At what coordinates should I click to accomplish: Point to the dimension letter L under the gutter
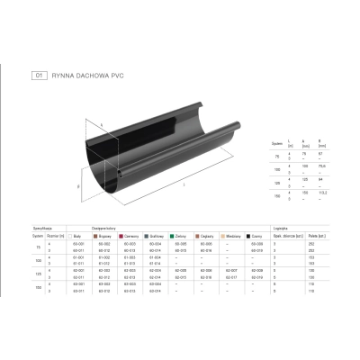(183, 186)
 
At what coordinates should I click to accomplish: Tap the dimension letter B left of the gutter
(79, 187)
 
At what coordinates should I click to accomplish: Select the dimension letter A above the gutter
(102, 125)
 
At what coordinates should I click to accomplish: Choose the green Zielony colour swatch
(171, 237)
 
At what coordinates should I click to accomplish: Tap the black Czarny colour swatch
(246, 237)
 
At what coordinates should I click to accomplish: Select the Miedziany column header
(227, 237)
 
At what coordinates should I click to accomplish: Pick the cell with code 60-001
(78, 243)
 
